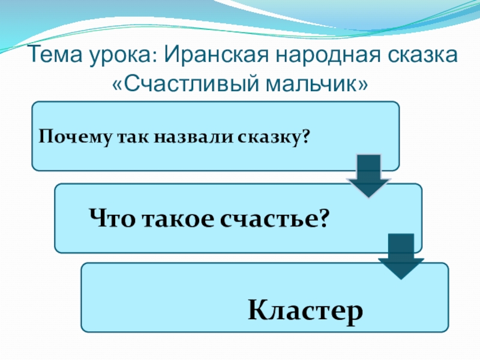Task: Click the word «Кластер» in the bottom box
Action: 306,311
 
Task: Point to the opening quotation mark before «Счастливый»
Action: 118,85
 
